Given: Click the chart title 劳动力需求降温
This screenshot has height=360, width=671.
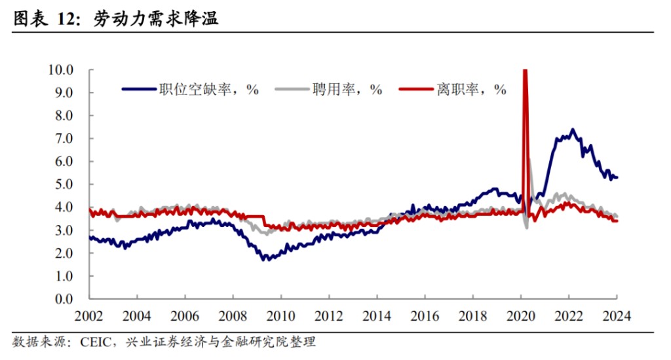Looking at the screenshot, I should click(156, 20).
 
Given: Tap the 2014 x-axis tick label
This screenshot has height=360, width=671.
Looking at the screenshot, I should click(377, 315).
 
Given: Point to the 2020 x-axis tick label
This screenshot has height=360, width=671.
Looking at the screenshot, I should click(521, 315).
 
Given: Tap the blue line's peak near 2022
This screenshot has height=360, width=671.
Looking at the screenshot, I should click(573, 130).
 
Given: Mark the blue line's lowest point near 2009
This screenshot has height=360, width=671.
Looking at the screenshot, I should click(265, 260).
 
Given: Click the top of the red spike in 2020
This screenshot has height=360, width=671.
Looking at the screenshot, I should click(525, 70).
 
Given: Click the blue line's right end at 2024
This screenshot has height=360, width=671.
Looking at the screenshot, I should click(617, 178).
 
